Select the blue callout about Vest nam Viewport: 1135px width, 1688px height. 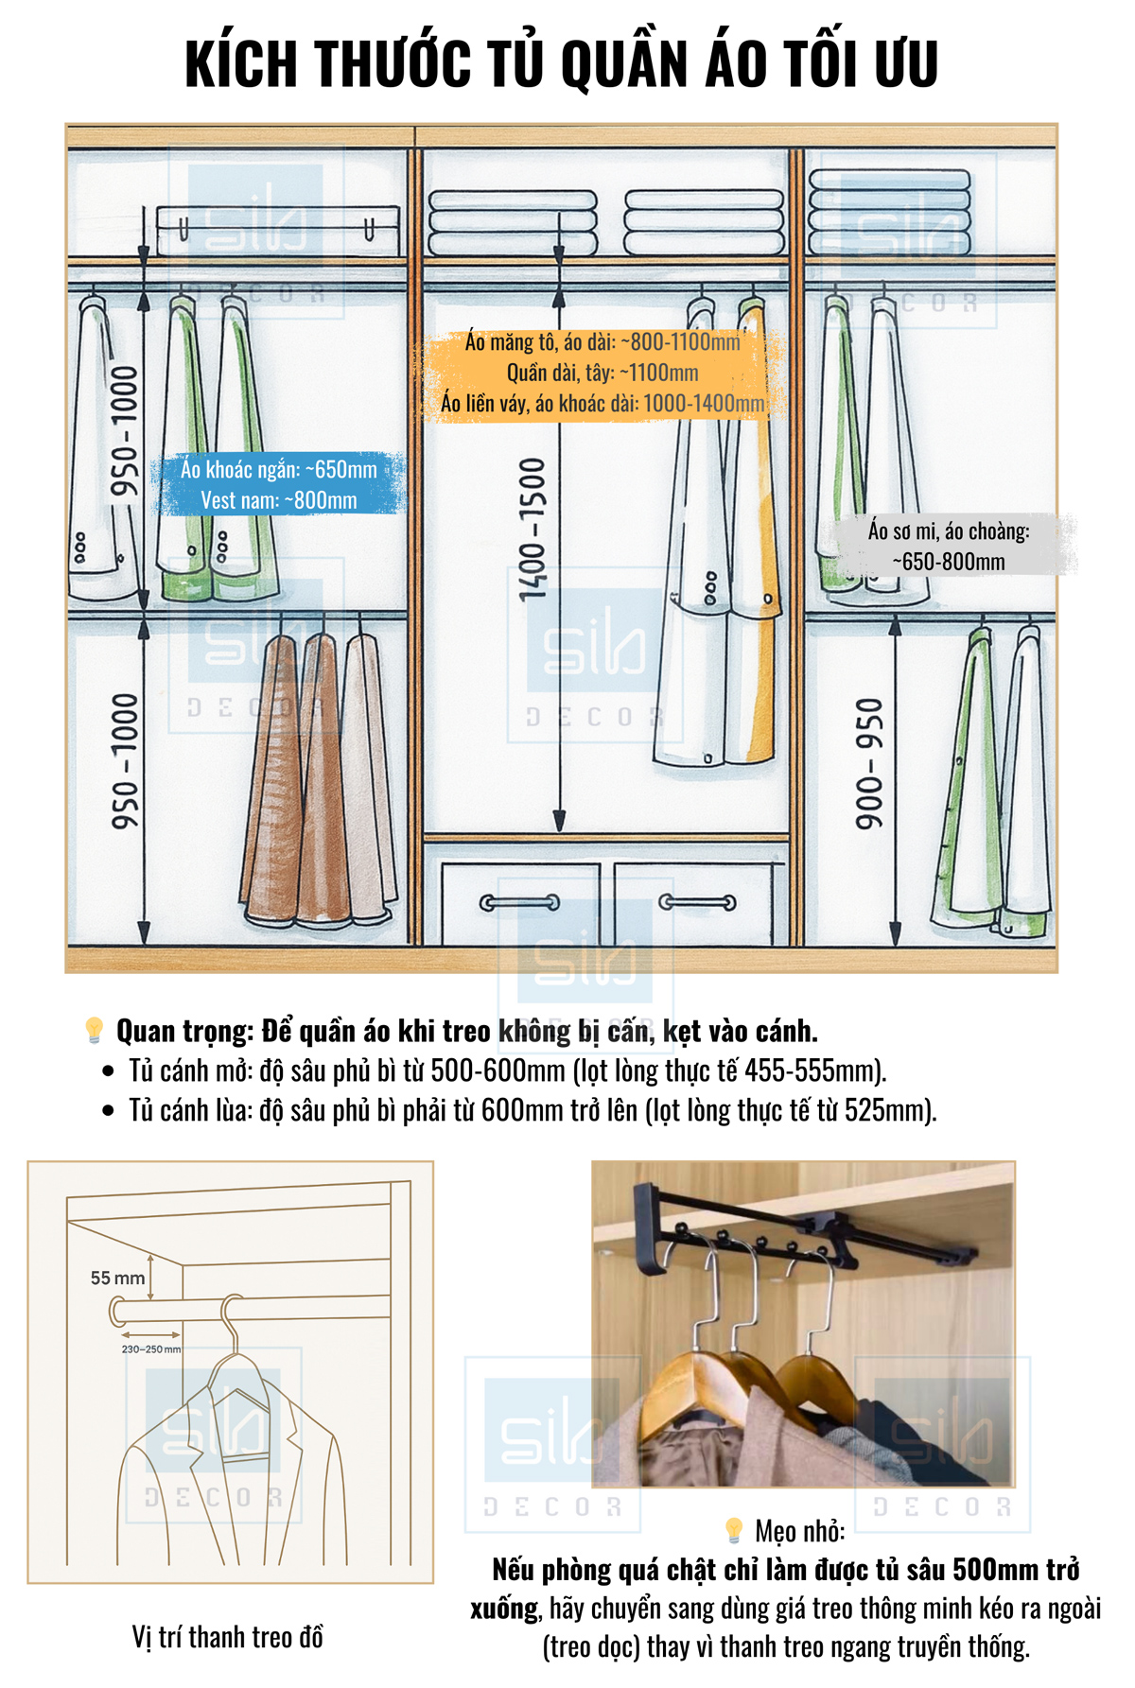[x=280, y=484]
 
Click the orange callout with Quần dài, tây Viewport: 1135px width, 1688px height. [x=602, y=373]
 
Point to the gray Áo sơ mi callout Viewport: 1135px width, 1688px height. [x=950, y=546]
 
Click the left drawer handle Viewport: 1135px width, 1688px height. [x=519, y=903]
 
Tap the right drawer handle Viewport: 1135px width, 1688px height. [x=697, y=902]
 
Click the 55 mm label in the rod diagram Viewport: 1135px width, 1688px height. [x=118, y=1278]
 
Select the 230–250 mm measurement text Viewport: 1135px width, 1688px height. [x=150, y=1349]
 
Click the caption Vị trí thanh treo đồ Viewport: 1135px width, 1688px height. [x=228, y=1637]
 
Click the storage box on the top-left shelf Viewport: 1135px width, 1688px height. [x=277, y=231]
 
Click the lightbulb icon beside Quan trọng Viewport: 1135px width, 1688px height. [x=94, y=1030]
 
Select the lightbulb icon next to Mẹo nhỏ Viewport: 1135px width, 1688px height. [x=734, y=1530]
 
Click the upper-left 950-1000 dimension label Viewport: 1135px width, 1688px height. [x=125, y=431]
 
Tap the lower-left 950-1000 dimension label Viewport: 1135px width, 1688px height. [x=125, y=762]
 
